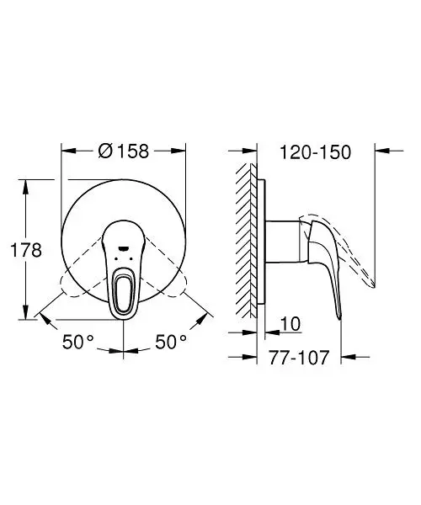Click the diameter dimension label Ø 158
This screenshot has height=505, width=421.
pyautogui.click(x=123, y=151)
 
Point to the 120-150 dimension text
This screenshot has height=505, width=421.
pyautogui.click(x=315, y=152)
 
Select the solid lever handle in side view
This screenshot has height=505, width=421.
pyautogui.click(x=324, y=261)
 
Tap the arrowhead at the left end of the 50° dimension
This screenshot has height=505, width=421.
pyautogui.click(x=43, y=317)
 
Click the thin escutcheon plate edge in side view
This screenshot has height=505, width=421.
pyautogui.click(x=263, y=244)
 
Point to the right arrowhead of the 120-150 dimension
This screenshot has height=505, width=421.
pyautogui.click(x=378, y=151)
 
